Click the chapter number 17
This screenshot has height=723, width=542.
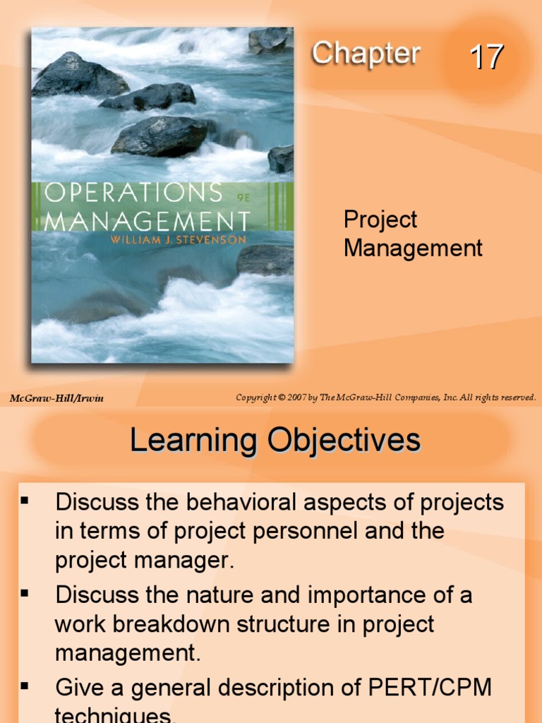coord(487,57)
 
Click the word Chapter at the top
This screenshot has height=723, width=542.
coord(366,54)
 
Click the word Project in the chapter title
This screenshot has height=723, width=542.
coord(380,220)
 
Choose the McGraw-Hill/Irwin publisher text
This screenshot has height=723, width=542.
coord(56,398)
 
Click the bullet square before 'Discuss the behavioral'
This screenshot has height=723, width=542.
coord(25,501)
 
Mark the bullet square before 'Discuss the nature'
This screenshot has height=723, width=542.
coord(25,593)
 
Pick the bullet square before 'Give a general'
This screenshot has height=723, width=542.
coord(25,685)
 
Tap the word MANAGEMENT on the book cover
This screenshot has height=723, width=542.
coord(147,220)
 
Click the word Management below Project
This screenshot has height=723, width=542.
coord(413,248)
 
